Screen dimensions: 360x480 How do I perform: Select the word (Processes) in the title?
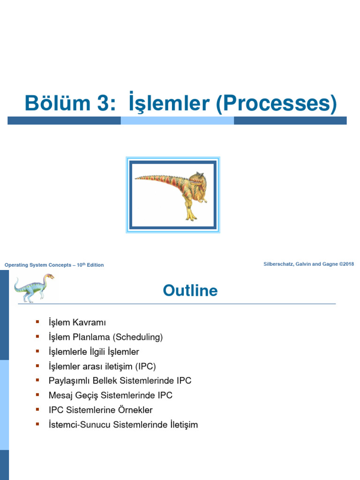[x=277, y=104]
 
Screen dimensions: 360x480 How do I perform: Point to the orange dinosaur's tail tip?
[x=136, y=178]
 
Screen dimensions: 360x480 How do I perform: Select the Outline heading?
[x=190, y=291]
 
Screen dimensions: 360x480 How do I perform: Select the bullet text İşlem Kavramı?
[x=77, y=322]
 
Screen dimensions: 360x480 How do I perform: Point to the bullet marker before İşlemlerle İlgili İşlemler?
[x=37, y=351]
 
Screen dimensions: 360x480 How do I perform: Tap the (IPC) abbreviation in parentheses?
[x=145, y=366]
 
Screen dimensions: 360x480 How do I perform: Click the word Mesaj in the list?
[x=60, y=395]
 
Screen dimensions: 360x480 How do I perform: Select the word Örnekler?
[x=135, y=410]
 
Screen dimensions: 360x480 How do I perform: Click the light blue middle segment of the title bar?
[x=177, y=120]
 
